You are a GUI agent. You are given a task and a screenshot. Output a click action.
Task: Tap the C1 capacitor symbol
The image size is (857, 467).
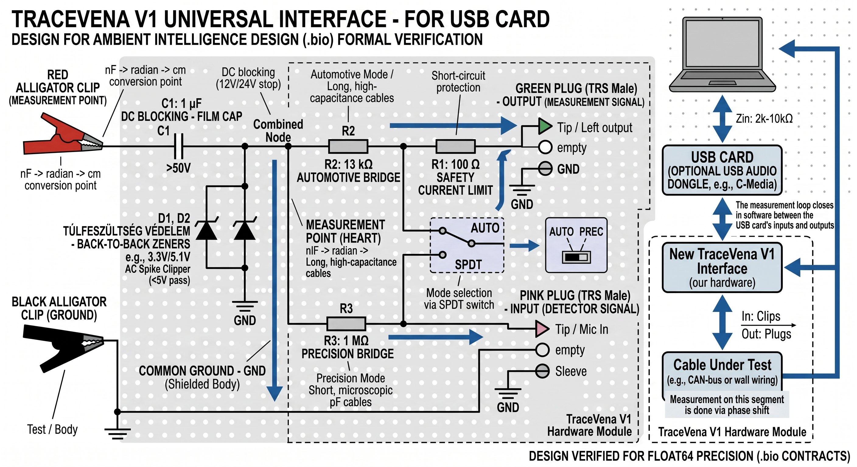[x=179, y=146]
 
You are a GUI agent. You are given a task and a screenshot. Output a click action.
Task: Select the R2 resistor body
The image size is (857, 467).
[x=348, y=146]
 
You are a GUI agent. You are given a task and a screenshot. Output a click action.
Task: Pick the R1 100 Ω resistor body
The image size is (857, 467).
[x=456, y=146]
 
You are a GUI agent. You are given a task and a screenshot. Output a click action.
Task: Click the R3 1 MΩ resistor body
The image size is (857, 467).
[x=346, y=324]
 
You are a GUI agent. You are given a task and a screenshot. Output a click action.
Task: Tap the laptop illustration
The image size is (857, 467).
[x=722, y=55]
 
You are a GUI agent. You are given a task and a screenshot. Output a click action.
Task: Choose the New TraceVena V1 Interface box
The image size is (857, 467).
[x=722, y=268]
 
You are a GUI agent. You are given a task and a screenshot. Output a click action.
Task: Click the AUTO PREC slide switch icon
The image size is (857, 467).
[x=576, y=257]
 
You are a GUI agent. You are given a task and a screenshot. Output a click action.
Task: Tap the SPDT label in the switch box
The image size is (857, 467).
[x=468, y=265]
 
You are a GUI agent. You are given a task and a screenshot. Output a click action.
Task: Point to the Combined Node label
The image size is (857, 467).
[x=278, y=131]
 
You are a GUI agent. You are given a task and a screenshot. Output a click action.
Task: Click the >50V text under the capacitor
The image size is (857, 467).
[x=179, y=168]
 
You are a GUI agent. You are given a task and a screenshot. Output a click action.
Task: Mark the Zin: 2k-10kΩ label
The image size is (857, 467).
[x=764, y=119]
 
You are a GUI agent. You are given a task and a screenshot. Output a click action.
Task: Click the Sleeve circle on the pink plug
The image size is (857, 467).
[x=543, y=371]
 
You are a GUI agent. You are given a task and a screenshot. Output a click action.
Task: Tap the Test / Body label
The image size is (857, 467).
[x=52, y=429]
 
